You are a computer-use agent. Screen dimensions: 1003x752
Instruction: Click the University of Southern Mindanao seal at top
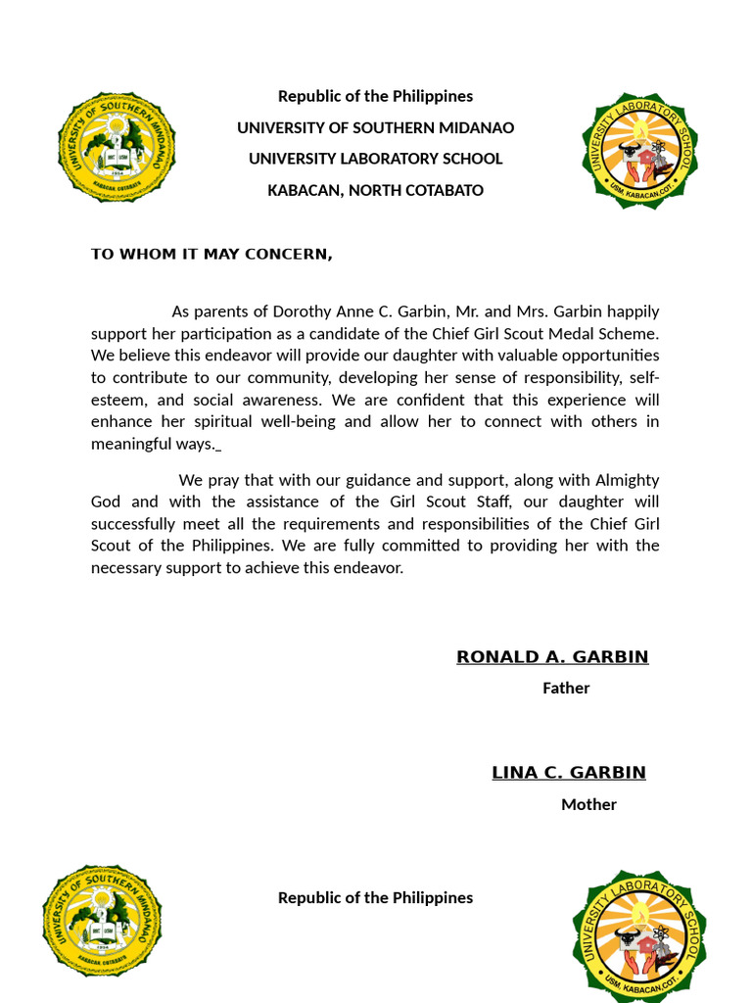[117, 147]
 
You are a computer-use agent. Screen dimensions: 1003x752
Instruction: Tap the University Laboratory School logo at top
[639, 151]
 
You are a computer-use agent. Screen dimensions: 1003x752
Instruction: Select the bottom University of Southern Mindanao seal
[102, 920]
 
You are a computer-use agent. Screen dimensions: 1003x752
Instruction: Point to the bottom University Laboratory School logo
[639, 935]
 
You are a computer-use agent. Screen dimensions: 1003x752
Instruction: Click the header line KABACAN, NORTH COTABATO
[375, 190]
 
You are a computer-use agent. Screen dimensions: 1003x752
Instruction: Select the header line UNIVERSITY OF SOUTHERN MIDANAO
[375, 127]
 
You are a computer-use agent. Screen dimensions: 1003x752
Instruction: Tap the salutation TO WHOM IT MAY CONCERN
[211, 255]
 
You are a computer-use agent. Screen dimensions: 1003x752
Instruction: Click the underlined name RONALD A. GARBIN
[552, 657]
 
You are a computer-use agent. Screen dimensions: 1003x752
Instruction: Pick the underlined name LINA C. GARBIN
[569, 773]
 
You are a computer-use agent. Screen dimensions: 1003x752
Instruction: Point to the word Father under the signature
[566, 688]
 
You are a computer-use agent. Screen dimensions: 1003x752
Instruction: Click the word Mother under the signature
[588, 804]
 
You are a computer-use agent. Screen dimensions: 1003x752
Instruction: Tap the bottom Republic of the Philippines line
[375, 897]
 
